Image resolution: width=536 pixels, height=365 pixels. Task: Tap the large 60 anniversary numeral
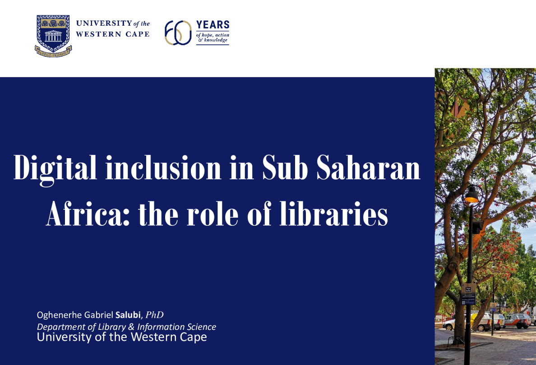coord(178,33)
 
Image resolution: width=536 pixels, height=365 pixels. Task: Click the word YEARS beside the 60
coord(213,25)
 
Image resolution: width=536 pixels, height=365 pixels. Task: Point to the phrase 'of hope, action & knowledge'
coord(212,37)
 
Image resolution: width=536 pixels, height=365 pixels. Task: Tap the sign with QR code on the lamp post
coord(468,294)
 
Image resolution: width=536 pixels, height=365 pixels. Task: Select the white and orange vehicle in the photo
coord(517,320)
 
